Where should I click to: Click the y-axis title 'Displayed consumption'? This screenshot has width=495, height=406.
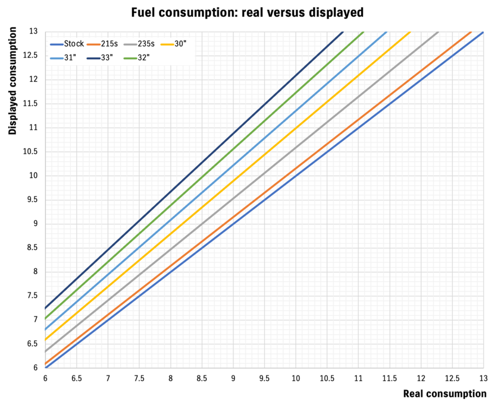(x=13, y=80)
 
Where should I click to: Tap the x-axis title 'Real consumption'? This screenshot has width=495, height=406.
(x=444, y=393)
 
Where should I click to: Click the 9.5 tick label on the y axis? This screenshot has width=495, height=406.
(x=32, y=200)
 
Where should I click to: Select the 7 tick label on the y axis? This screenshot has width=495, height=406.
(x=35, y=320)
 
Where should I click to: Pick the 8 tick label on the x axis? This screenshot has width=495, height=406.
(x=171, y=377)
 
